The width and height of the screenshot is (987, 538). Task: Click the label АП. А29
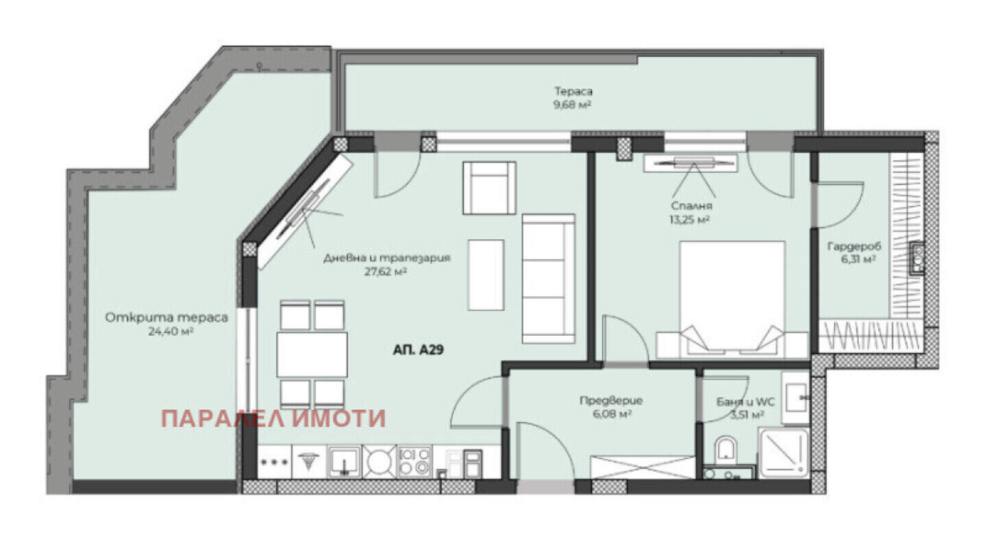417,350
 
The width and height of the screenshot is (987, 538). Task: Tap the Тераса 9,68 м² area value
572,105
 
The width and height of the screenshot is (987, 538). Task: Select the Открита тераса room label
167,317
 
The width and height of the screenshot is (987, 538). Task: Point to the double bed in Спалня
732,299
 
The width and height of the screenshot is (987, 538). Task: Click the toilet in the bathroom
726,450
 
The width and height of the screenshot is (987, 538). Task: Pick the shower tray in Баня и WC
783,453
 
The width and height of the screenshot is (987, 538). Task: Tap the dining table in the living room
312,355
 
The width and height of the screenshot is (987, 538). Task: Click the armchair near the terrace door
489,188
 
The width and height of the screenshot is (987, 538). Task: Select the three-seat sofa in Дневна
548,278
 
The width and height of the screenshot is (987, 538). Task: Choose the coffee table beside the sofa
486,275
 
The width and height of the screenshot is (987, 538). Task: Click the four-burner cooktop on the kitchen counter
414,461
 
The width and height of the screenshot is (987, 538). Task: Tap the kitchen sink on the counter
344,461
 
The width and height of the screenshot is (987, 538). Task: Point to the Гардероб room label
854,246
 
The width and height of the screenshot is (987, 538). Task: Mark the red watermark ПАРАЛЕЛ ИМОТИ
273,419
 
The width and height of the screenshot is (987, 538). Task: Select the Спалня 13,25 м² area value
690,219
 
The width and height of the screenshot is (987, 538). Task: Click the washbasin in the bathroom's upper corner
796,398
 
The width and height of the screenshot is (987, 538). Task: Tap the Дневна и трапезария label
387,258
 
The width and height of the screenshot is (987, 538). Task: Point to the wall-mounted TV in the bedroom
690,163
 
